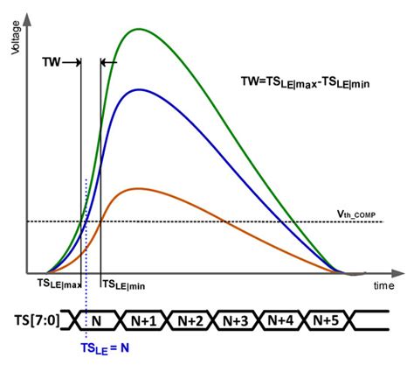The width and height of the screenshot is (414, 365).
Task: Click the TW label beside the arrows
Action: pos(53,63)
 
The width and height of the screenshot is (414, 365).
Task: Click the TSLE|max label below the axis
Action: pos(59,284)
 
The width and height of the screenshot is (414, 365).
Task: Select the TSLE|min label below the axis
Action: pos(124,284)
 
